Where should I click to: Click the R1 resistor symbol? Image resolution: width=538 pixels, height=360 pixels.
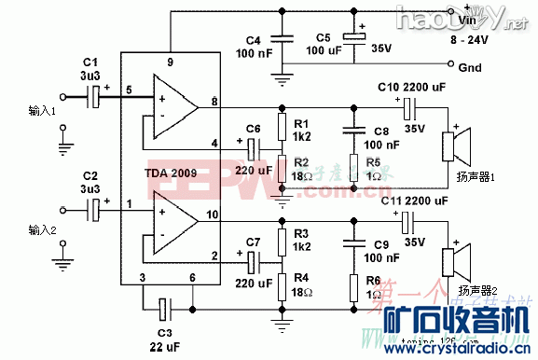tap(282, 126)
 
